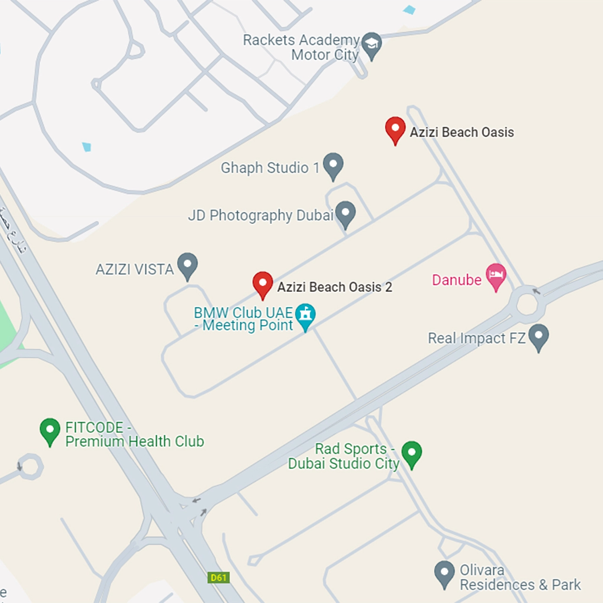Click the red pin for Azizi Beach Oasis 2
[x=263, y=284]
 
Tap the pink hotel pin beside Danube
[x=496, y=275]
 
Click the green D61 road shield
[x=218, y=577]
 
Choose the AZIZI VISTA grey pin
[x=188, y=265]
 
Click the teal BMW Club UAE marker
[x=305, y=314]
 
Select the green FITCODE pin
[x=50, y=430]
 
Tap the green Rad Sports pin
[x=412, y=453]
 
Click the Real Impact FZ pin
[x=538, y=336]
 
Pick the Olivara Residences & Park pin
[x=444, y=573]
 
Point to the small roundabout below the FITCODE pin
[x=30, y=467]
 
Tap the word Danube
[x=457, y=280]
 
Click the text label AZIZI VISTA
[x=134, y=269]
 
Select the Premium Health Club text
[x=134, y=441]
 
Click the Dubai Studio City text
[x=344, y=464]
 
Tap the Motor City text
[x=325, y=55]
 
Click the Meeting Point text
[x=248, y=325]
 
